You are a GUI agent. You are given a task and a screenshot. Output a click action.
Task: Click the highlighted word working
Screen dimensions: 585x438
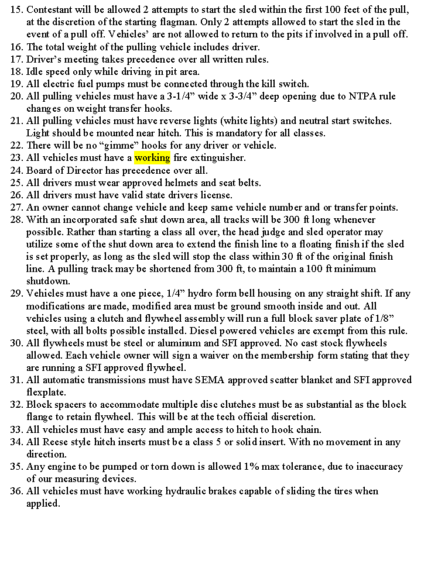[152, 158]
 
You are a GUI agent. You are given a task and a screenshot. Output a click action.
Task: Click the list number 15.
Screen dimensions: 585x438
[16, 10]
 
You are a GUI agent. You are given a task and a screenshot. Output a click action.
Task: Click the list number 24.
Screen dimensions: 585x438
[16, 170]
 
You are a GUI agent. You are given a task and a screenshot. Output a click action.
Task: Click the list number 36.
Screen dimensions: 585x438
[16, 491]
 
